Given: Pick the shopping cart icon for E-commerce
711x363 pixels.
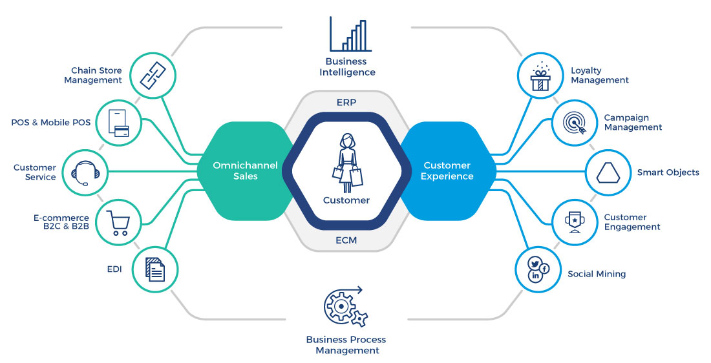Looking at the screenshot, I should [118, 222].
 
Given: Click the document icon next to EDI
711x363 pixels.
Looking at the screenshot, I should [154, 269].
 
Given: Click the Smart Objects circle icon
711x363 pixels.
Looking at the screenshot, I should [608, 172].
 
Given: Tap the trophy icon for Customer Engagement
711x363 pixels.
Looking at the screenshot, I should [573, 222].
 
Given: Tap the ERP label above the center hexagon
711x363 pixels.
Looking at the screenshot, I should [346, 102].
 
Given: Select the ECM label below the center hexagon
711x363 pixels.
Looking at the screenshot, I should [346, 241].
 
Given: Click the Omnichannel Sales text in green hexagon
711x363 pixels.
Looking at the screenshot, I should [246, 171].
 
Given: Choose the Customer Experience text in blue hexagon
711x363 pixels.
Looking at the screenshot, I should [447, 171].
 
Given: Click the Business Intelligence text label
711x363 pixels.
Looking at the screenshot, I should [347, 67].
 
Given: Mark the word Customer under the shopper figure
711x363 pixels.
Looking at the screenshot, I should [346, 200].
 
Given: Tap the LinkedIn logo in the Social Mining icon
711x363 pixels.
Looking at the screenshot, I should [536, 276].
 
